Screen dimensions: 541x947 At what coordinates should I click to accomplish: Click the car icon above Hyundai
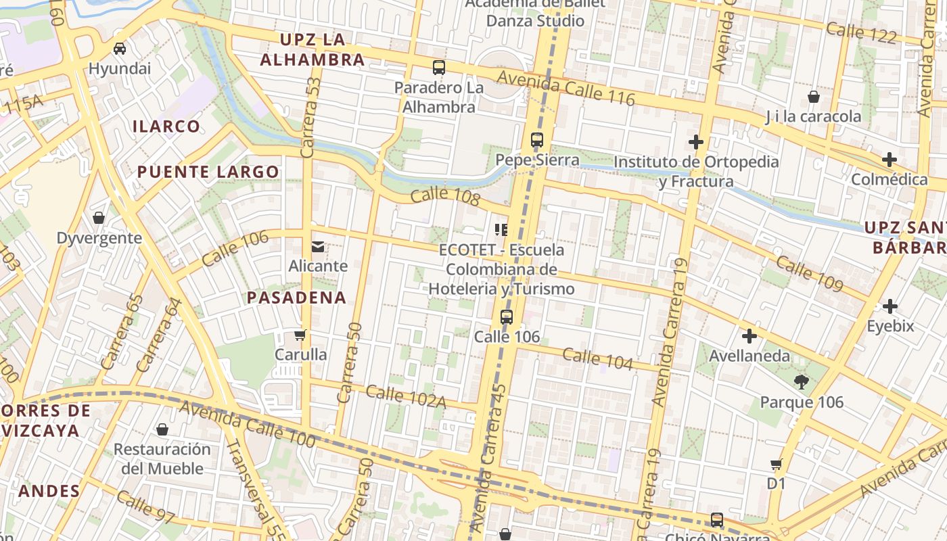pos(120,48)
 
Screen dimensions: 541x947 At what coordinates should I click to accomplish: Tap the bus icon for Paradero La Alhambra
pos(439,67)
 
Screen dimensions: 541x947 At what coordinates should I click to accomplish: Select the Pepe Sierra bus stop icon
pos(537,140)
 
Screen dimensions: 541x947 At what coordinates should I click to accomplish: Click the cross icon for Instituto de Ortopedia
pos(695,142)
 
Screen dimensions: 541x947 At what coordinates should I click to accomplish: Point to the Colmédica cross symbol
pos(890,160)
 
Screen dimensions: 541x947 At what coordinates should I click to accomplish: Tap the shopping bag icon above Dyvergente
pos(99,218)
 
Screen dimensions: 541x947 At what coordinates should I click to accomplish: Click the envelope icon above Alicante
pos(318,247)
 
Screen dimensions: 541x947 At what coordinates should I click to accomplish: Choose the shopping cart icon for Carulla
pos(300,335)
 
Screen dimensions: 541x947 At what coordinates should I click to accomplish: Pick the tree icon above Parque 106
pos(802,382)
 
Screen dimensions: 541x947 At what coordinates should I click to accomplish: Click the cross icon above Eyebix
pos(890,306)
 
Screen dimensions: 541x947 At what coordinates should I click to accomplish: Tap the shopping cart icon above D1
pos(777,464)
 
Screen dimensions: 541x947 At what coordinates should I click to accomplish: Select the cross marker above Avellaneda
pos(749,336)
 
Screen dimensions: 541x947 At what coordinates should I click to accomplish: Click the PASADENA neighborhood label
pos(296,298)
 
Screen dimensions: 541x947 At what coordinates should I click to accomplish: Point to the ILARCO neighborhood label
pos(166,126)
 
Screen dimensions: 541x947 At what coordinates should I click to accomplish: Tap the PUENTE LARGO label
pos(208,172)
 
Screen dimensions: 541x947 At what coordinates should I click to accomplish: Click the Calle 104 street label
pos(597,359)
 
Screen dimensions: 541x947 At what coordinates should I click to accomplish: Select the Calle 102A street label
pos(406,396)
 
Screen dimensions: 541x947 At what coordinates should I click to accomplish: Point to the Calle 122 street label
pos(861,32)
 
